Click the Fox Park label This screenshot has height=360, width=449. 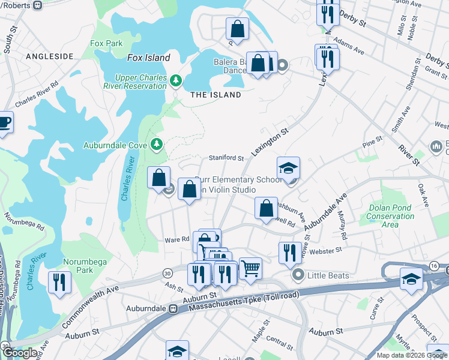pyautogui.click(x=106, y=44)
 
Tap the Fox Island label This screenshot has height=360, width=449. pyautogui.click(x=149, y=58)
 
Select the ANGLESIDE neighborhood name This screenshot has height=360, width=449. pyautogui.click(x=49, y=56)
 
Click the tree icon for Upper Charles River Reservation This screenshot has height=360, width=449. pyautogui.click(x=176, y=80)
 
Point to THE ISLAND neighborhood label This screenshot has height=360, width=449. pyautogui.click(x=215, y=95)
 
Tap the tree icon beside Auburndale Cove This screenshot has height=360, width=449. pyautogui.click(x=156, y=143)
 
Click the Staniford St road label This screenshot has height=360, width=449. pyautogui.click(x=226, y=158)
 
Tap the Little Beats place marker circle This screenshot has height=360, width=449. pyautogui.click(x=297, y=275)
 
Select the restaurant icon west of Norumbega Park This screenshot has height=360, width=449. pyautogui.click(x=59, y=282)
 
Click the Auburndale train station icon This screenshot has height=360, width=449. pyautogui.click(x=173, y=308)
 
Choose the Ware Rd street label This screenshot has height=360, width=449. pyautogui.click(x=176, y=239)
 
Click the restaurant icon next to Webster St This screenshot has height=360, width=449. pyautogui.click(x=290, y=253)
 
